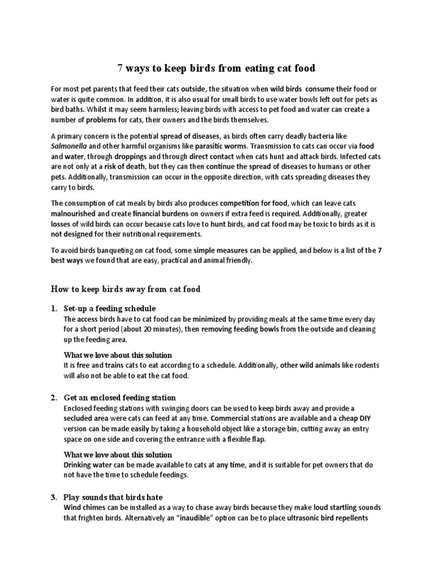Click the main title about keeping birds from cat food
tap(216, 69)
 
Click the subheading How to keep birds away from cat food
tap(126, 289)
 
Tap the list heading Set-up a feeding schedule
tap(110, 308)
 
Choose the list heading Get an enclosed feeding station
tap(120, 397)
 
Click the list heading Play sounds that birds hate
tap(113, 496)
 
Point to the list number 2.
tap(53, 397)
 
